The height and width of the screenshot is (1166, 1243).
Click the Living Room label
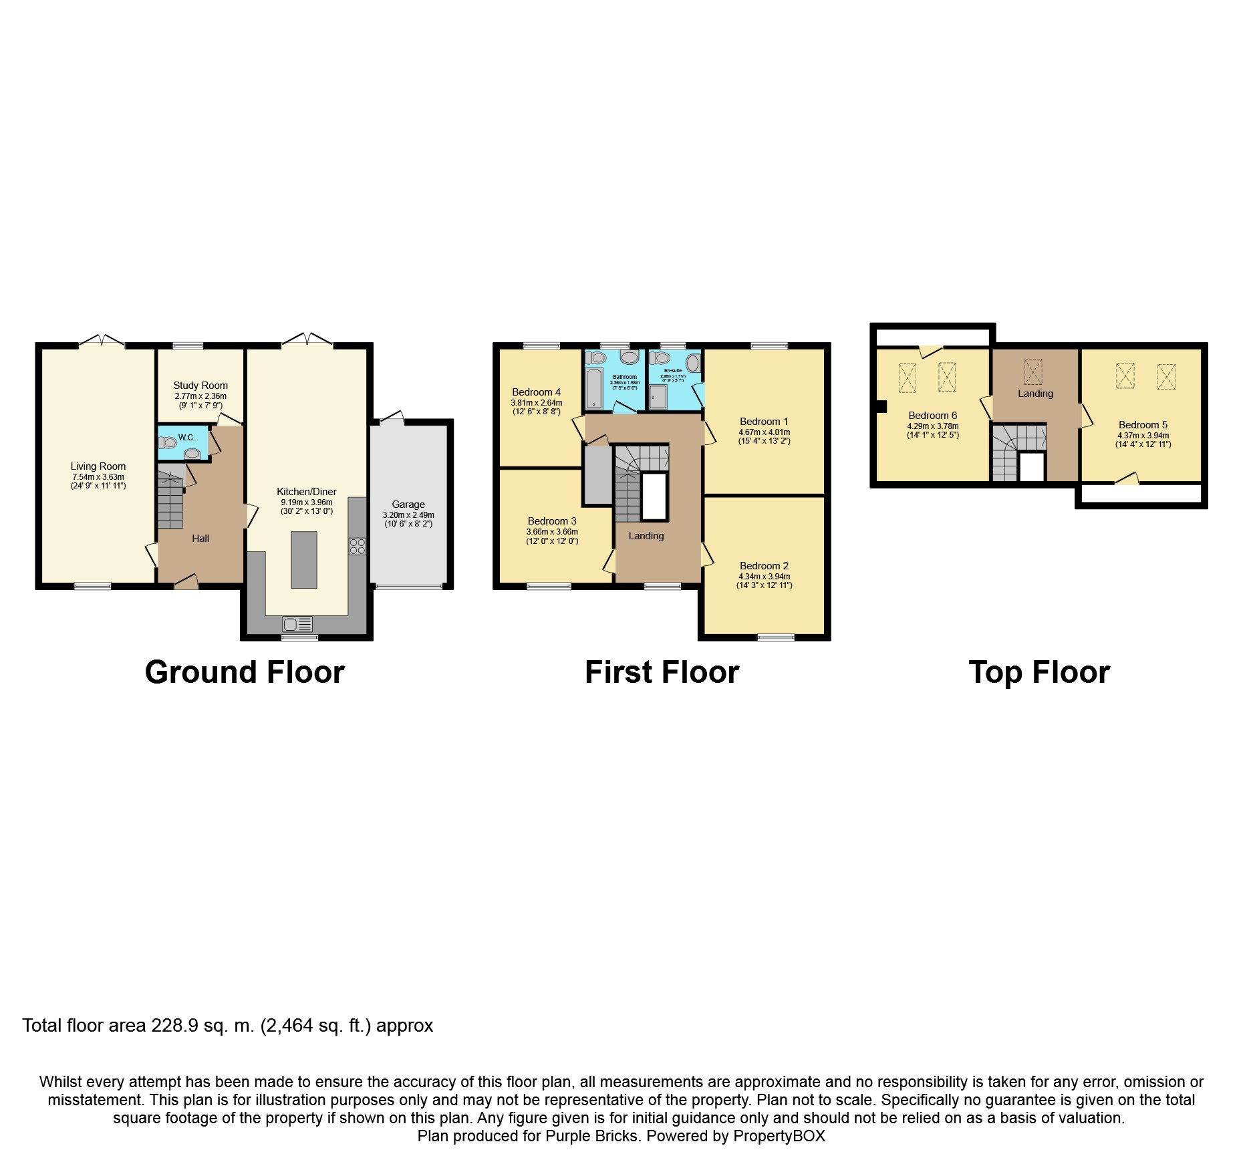(98, 466)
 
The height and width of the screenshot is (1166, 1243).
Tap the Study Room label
(200, 386)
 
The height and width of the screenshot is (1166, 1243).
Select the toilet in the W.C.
(167, 442)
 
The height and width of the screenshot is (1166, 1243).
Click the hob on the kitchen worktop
(357, 546)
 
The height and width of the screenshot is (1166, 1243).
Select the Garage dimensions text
(408, 519)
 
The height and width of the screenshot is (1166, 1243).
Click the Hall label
(200, 539)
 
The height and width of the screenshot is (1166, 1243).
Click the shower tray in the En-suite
(658, 397)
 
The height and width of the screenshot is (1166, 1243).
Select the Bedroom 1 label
(764, 422)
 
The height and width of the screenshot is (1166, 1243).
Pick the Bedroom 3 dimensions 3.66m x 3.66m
(552, 532)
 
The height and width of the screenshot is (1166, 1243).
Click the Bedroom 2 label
(764, 566)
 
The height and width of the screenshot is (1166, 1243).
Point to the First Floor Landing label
(646, 536)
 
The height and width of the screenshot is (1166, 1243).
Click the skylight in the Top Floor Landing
(1033, 372)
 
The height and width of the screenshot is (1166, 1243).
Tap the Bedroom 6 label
(932, 416)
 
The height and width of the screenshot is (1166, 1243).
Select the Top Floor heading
(1039, 672)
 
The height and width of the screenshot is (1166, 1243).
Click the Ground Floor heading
(245, 672)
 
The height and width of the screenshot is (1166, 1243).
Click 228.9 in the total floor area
(175, 1026)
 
